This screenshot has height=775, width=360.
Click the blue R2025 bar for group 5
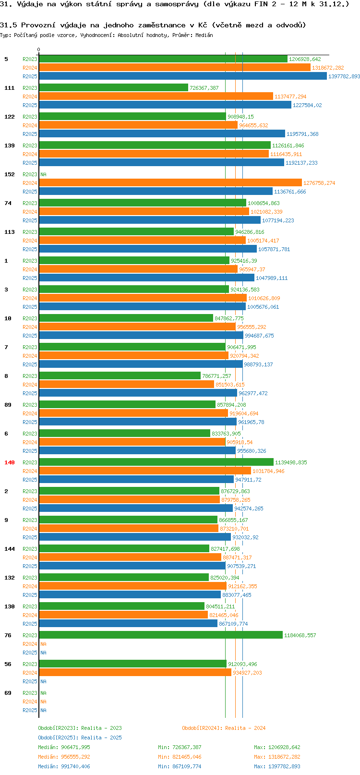coord(182,76)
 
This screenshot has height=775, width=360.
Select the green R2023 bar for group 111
coord(113,88)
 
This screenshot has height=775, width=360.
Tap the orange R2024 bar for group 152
coord(170,183)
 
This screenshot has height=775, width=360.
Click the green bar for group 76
coord(160,635)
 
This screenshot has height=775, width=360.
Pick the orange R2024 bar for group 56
coord(135,673)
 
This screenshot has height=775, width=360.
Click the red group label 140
coord(10,462)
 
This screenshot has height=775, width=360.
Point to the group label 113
coord(10,232)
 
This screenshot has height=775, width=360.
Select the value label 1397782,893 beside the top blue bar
coord(344,76)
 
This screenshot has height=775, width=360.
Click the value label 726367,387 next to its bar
coord(204,88)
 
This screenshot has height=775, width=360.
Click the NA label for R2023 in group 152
coord(43,174)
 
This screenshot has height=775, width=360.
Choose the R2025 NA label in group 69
coord(43,710)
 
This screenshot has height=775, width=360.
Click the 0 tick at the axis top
coord(39,49)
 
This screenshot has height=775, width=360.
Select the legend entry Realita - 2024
coord(224,728)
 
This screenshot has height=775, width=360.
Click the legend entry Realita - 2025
coord(80,738)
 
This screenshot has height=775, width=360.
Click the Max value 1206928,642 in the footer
coord(284,747)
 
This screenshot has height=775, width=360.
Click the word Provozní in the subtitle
coord(36,25)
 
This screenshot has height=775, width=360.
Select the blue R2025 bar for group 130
coord(128,624)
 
